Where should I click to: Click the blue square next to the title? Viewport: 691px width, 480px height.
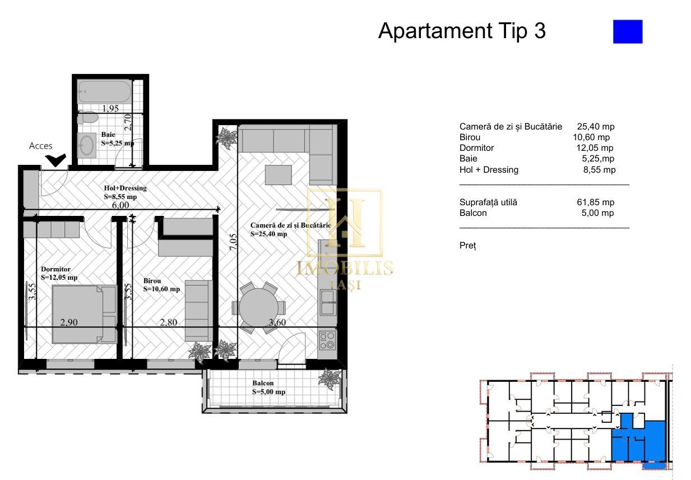click(x=627, y=31)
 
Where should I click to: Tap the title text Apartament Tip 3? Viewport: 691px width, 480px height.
click(x=462, y=31)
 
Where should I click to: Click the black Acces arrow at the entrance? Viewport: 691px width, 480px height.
click(x=56, y=161)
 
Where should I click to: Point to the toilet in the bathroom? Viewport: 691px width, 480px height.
click(x=87, y=118)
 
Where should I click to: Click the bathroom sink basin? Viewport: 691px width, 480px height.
click(x=87, y=145)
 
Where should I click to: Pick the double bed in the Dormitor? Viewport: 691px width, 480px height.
click(x=84, y=314)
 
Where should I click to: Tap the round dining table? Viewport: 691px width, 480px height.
click(x=258, y=308)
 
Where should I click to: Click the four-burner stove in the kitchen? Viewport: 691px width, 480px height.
click(x=327, y=340)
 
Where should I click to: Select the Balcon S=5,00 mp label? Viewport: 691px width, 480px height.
click(x=268, y=387)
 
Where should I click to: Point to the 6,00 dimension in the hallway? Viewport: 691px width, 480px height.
click(x=120, y=205)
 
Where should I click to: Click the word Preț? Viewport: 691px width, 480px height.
click(x=467, y=246)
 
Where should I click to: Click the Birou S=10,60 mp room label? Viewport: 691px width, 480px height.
click(x=161, y=285)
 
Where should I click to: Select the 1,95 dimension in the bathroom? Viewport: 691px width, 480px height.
click(x=110, y=109)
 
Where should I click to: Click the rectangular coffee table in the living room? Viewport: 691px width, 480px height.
click(x=279, y=174)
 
